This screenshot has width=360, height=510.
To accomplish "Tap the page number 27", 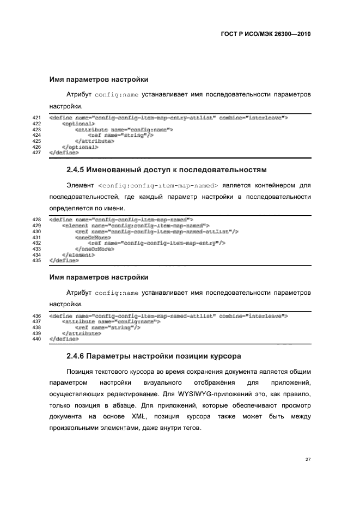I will coord(308,459).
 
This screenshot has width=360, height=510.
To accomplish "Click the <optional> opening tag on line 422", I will coord(78,124).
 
